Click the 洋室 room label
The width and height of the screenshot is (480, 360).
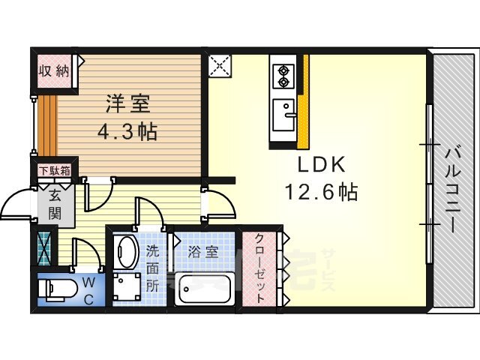coord(127,103)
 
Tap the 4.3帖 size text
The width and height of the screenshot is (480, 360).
coord(127,131)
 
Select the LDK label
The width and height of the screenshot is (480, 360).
coord(322,164)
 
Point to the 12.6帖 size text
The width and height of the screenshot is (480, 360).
coord(322,191)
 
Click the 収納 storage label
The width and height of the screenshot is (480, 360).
coord(54,71)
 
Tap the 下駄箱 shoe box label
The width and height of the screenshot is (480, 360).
coord(55,170)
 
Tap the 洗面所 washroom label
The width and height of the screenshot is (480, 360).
coord(152,268)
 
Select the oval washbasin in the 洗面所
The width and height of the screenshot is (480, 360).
coord(127,252)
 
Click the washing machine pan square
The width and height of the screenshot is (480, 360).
coord(127,286)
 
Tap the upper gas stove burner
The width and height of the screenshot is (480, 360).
coord(283,70)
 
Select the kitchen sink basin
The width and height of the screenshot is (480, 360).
coord(284,115)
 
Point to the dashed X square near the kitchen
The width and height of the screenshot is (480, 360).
coord(220,65)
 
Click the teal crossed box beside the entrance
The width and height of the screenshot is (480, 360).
coord(43,248)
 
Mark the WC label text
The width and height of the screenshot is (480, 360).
coord(88,290)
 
